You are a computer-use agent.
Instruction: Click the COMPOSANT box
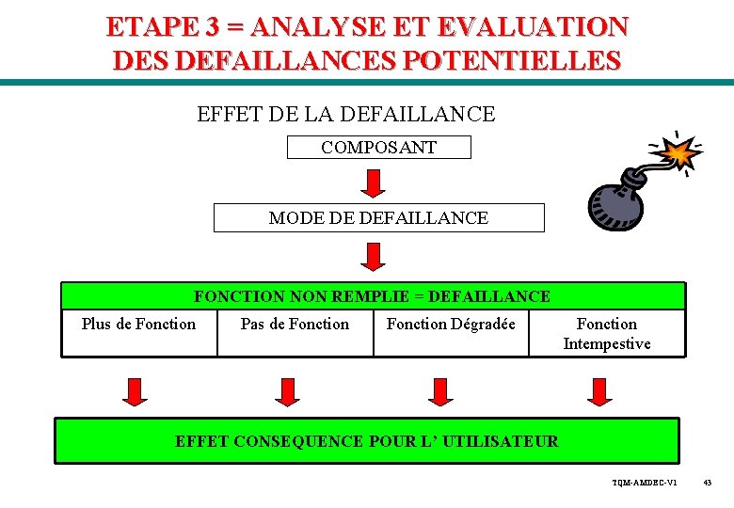click(378, 148)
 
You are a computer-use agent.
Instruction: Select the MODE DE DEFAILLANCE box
click(378, 217)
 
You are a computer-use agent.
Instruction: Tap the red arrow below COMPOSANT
click(375, 183)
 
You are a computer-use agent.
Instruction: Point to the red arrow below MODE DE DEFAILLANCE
click(375, 256)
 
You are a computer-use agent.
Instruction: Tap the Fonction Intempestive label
click(606, 334)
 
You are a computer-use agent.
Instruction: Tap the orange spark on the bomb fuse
click(678, 151)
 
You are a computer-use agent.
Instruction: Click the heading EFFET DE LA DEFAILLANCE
click(345, 115)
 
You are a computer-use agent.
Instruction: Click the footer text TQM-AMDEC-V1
click(645, 483)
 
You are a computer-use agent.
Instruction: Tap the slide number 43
click(707, 483)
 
